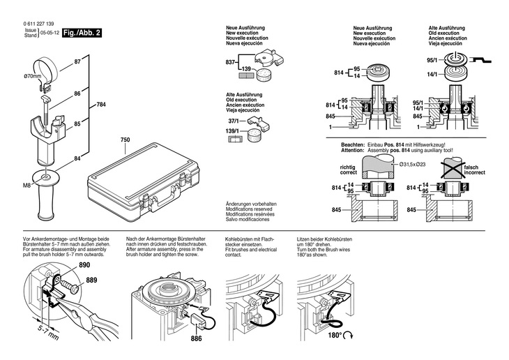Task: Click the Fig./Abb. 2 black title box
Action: [x=82, y=33]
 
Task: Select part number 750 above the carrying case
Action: [x=125, y=140]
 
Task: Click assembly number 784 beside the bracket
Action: [x=101, y=105]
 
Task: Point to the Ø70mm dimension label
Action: [x=33, y=77]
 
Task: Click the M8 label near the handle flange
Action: [x=26, y=186]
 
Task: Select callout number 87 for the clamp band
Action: [x=77, y=61]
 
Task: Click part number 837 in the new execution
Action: [x=230, y=62]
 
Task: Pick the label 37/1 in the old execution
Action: [x=233, y=121]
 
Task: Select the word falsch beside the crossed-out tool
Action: [x=471, y=167]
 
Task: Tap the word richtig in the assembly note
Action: [x=348, y=167]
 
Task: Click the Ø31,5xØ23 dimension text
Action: [x=413, y=165]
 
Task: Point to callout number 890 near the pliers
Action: [x=84, y=265]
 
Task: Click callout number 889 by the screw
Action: [x=91, y=280]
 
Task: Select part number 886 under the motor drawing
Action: [x=196, y=338]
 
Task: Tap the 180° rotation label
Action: [x=335, y=335]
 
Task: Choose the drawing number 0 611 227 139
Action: [x=38, y=24]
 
